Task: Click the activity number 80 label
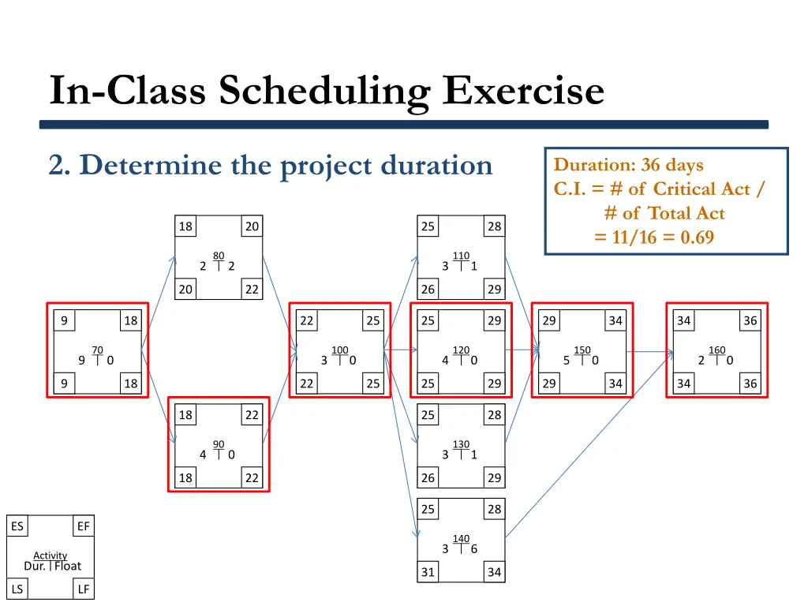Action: point(219,255)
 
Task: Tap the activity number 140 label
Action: point(461,539)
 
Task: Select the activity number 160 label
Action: point(716,350)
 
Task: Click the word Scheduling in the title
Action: point(324,91)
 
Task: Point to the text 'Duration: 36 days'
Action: point(628,165)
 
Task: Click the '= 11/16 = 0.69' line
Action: point(654,237)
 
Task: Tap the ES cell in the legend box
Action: point(17,526)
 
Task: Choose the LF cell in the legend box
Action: point(84,589)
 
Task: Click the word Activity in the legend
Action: point(50,555)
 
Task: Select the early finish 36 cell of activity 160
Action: point(750,320)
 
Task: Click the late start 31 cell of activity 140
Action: point(428,572)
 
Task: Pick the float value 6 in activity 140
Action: point(473,549)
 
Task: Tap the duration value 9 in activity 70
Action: point(82,361)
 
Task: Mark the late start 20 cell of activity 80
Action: point(185,290)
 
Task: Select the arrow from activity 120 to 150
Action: point(521,349)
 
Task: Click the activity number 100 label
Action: point(339,350)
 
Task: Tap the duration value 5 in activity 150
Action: point(567,361)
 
